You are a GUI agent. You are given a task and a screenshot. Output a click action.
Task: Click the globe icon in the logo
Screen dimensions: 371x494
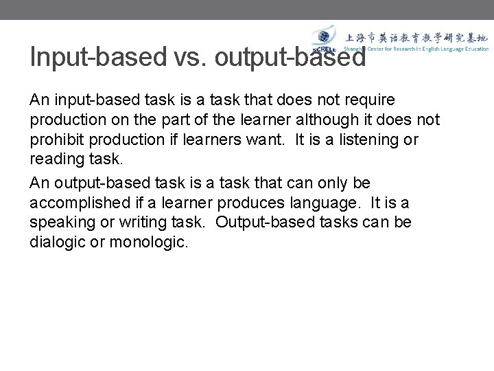[x=322, y=37]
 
